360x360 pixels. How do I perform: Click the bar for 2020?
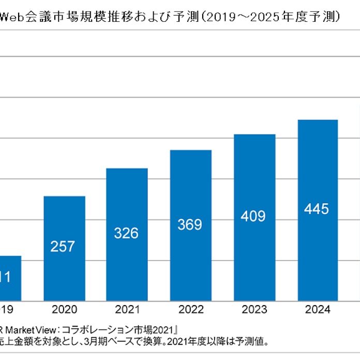point(64,248)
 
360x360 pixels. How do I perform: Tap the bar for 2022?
point(190,225)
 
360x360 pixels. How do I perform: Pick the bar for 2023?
point(254,217)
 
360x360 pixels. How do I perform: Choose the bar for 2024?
point(318,210)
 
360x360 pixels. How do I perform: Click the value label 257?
point(63,247)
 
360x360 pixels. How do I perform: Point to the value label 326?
point(126,233)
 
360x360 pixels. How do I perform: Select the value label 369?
point(190,225)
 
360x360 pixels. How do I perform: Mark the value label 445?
point(317,209)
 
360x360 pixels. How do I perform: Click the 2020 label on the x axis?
point(64,310)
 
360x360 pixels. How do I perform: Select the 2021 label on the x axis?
point(127,310)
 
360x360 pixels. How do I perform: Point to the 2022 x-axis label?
point(190,310)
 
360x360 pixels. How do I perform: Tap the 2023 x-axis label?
point(254,310)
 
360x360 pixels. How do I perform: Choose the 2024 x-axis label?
point(318,310)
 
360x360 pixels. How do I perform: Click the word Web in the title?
point(12,17)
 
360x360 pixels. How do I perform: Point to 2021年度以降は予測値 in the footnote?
point(223,341)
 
